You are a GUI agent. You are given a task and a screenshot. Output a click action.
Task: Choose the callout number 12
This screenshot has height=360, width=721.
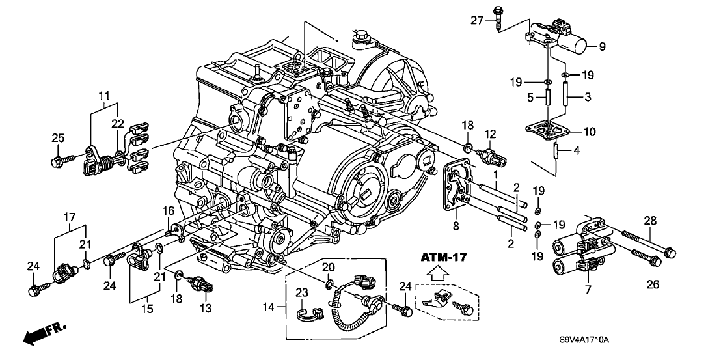pyautogui.click(x=489, y=134)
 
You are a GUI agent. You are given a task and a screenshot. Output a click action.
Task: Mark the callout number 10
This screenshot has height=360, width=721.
pyautogui.click(x=589, y=132)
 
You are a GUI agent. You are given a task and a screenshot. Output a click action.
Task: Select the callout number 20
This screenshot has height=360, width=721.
pyautogui.click(x=329, y=267)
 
